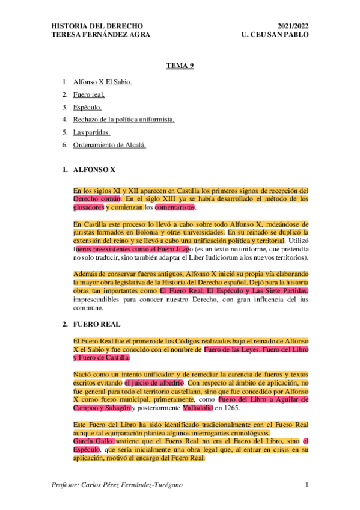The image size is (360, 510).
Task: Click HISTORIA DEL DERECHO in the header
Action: pos(97,26)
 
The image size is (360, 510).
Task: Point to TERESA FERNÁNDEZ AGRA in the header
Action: pos(101,35)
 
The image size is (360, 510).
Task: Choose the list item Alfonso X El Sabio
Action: pos(102,81)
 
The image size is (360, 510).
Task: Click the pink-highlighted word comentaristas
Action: pos(175,207)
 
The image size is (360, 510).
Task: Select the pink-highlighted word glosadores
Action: pos(89,207)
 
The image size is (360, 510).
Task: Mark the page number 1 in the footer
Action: pos(307,485)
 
